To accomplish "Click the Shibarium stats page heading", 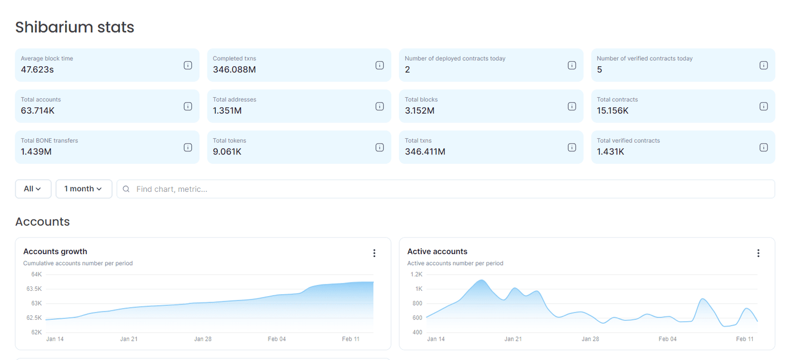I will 75,27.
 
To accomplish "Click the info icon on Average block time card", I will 188,65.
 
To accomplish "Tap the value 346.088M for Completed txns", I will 234,70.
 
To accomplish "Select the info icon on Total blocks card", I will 572,106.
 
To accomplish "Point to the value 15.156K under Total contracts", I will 612,111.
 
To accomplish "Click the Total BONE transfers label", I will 49,141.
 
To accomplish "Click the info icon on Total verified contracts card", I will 763,148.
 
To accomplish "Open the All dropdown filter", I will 33,189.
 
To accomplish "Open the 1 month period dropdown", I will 83,189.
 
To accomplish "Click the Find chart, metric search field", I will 442,189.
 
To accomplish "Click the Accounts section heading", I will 43,222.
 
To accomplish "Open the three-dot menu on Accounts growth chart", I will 374,253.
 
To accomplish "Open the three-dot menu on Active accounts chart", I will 758,253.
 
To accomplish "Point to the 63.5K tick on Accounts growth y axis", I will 34,289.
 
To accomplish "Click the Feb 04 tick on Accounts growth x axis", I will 277,339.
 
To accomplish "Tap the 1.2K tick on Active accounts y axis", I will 416,275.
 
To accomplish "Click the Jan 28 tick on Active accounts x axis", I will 590,339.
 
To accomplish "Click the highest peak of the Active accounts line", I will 482,281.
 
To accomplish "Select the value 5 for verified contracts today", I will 600,70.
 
